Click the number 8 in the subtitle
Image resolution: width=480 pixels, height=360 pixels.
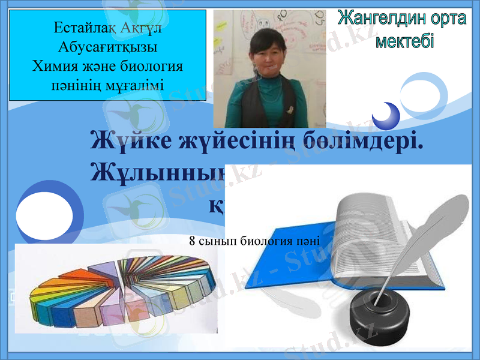click(x=192, y=241)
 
